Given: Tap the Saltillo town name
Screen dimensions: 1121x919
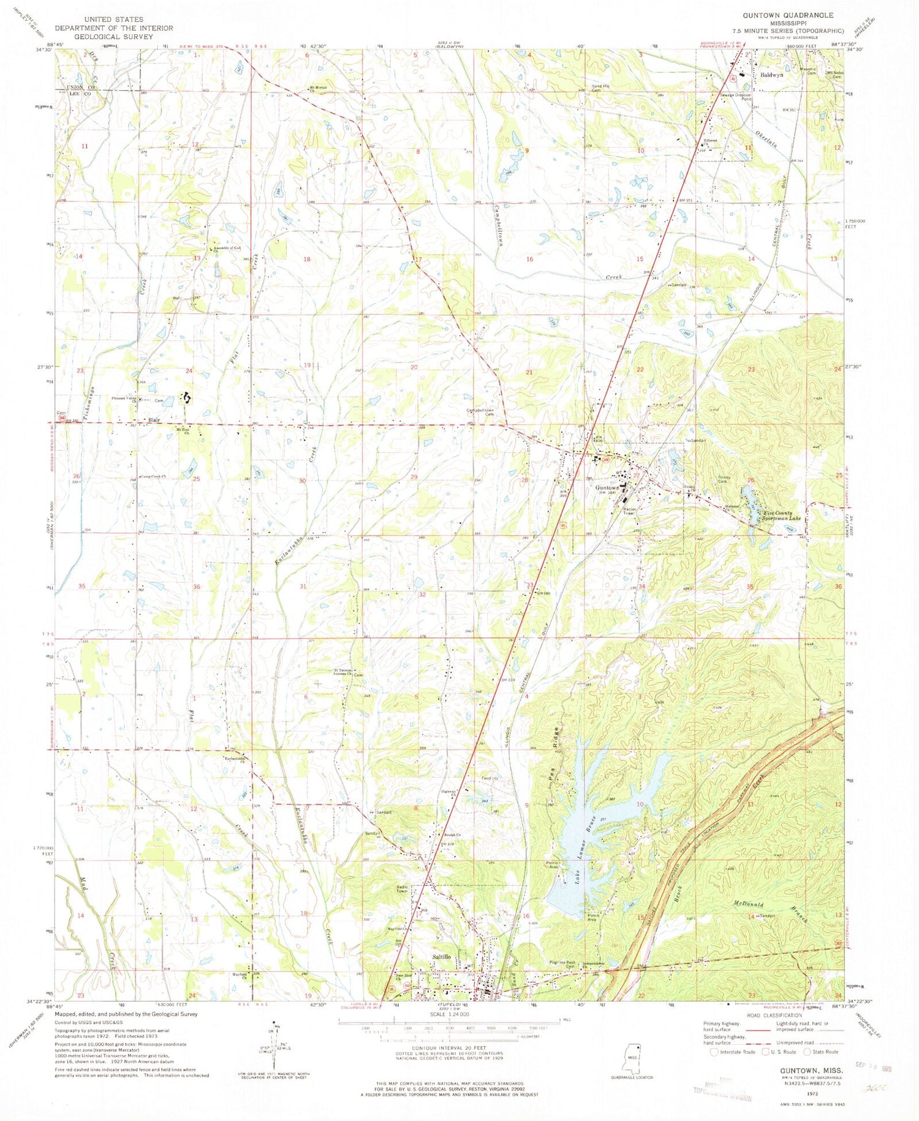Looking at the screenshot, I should tap(441, 956).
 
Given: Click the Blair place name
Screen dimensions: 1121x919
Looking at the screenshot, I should tap(154, 420).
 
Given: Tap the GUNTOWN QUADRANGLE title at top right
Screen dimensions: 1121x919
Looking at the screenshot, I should tap(788, 15).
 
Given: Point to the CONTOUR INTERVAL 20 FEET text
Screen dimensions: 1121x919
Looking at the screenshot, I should tap(449, 1049).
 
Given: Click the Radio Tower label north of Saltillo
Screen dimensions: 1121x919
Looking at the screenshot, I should tap(402, 889).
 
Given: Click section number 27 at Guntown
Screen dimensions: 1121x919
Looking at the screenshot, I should tap(637, 474).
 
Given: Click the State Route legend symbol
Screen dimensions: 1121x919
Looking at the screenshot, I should tap(807, 1052).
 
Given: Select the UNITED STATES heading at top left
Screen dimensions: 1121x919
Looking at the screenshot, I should tap(114, 20).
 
